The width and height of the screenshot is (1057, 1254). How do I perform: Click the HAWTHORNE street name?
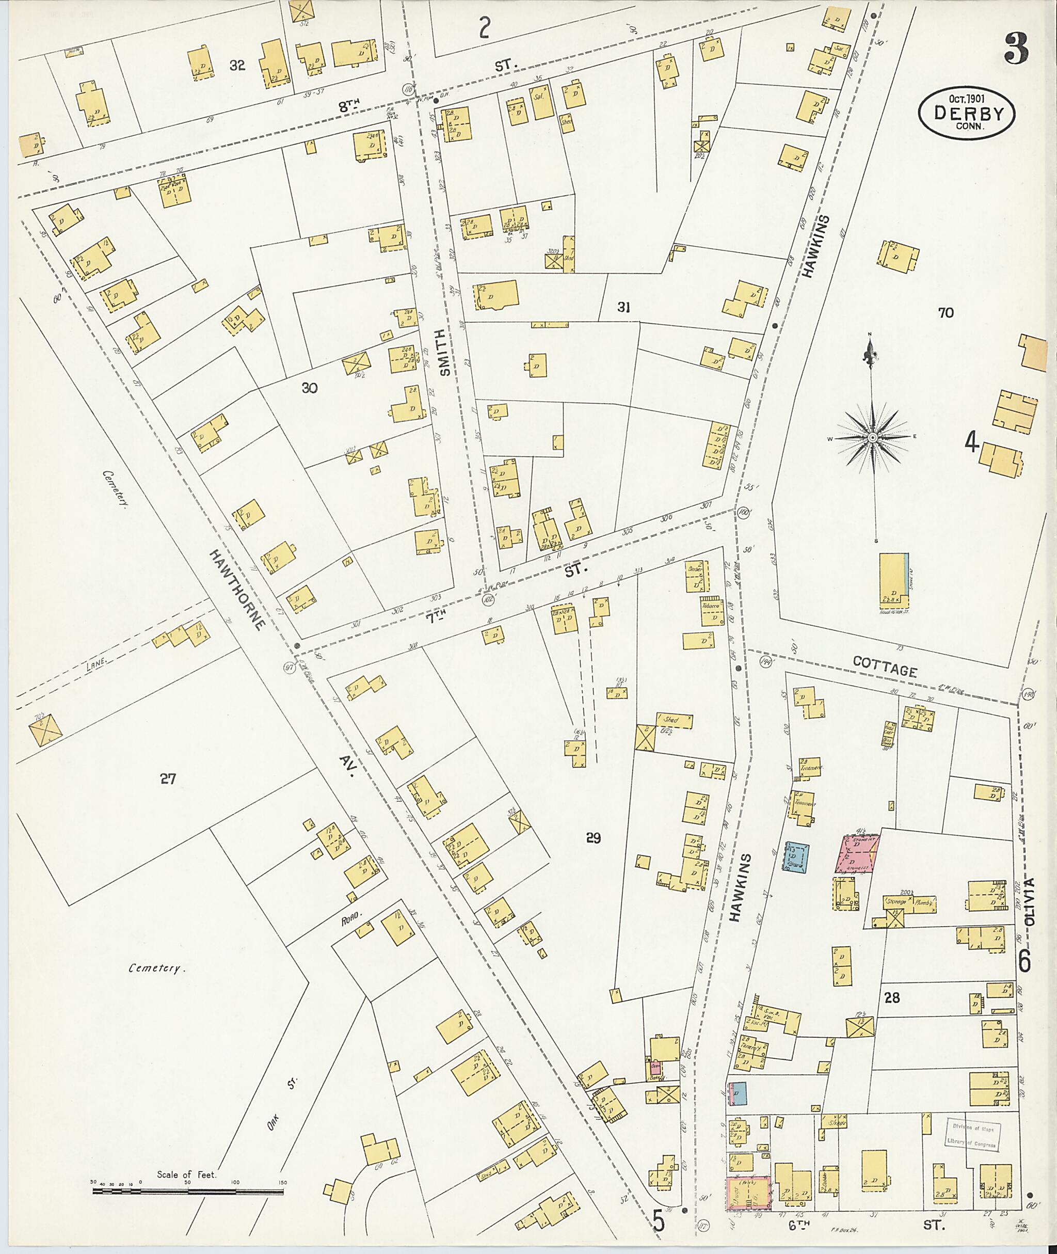(x=238, y=589)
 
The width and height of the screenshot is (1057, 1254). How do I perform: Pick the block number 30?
(x=309, y=388)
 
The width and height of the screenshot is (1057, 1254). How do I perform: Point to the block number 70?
(x=946, y=312)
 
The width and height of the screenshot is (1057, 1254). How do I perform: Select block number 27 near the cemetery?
(x=168, y=779)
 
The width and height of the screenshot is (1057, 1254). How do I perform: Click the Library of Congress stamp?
(x=971, y=1135)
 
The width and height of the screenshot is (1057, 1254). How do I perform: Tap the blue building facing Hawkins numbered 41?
(x=796, y=856)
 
